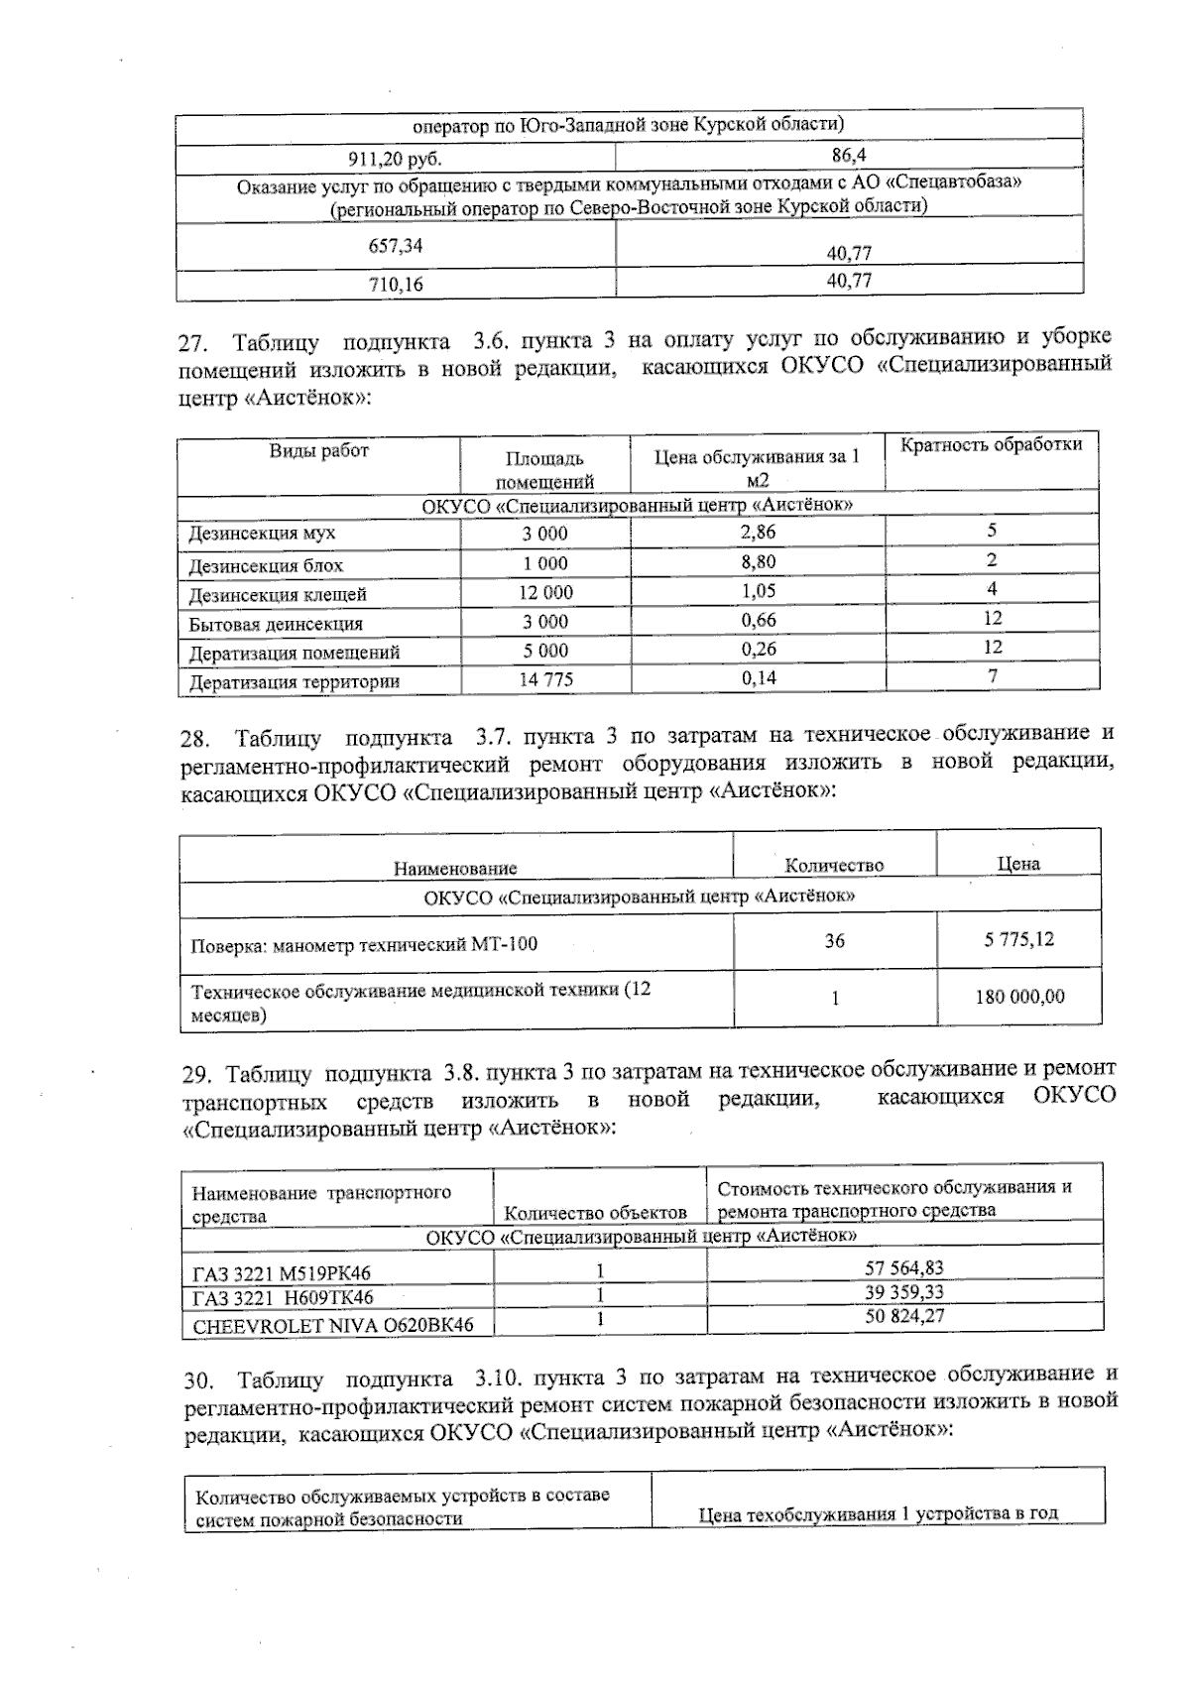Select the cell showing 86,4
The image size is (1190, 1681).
tap(849, 156)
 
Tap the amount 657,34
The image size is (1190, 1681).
tap(395, 245)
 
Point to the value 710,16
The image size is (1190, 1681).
tap(395, 286)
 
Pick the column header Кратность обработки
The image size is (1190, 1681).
tap(991, 445)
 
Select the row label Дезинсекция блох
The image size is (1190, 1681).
tap(266, 566)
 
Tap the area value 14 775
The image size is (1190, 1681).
tap(545, 680)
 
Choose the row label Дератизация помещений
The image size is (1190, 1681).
tap(295, 653)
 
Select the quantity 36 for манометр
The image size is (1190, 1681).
tap(834, 940)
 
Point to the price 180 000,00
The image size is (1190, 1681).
tap(1018, 997)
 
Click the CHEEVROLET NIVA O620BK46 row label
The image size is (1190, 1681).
tap(332, 1325)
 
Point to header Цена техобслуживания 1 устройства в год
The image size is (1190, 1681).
tap(878, 1514)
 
